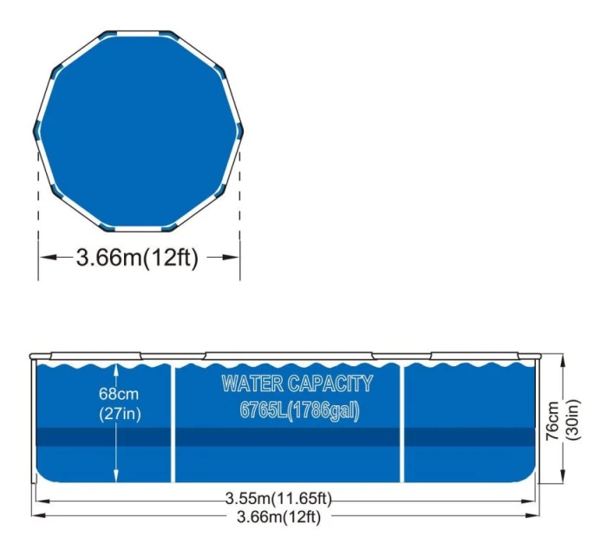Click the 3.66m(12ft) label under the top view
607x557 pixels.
(137, 257)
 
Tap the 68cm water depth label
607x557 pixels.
(119, 394)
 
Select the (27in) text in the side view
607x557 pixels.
(120, 414)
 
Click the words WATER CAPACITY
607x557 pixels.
(297, 383)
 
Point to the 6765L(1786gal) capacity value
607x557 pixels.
(300, 410)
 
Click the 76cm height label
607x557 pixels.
(552, 420)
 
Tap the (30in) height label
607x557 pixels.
(573, 420)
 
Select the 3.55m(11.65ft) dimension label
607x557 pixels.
(278, 498)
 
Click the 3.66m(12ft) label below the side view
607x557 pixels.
(278, 516)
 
